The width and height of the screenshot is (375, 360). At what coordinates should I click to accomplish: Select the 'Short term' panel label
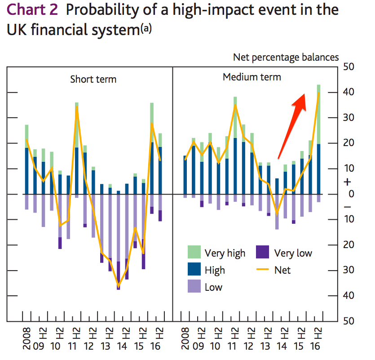pyautogui.click(x=93, y=80)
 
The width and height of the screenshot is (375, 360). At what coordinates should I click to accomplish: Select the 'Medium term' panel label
pyautogui.click(x=252, y=77)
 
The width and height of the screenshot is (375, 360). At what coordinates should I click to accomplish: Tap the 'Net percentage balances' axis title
pyautogui.click(x=286, y=57)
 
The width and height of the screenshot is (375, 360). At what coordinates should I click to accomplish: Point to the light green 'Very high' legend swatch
pyautogui.click(x=194, y=252)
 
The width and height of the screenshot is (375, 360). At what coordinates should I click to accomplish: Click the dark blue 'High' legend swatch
pyautogui.click(x=194, y=269)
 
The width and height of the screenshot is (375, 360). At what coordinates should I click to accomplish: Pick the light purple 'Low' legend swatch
pyautogui.click(x=194, y=286)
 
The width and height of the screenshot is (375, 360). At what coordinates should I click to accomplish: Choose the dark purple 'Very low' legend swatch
pyautogui.click(x=262, y=252)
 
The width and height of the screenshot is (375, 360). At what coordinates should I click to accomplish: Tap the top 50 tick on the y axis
pyautogui.click(x=348, y=67)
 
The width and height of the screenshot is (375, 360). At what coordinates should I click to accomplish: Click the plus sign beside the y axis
pyautogui.click(x=348, y=182)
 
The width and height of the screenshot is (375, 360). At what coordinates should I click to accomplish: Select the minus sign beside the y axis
pyautogui.click(x=348, y=207)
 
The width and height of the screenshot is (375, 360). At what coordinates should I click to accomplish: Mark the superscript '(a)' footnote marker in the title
pyautogui.click(x=146, y=28)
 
